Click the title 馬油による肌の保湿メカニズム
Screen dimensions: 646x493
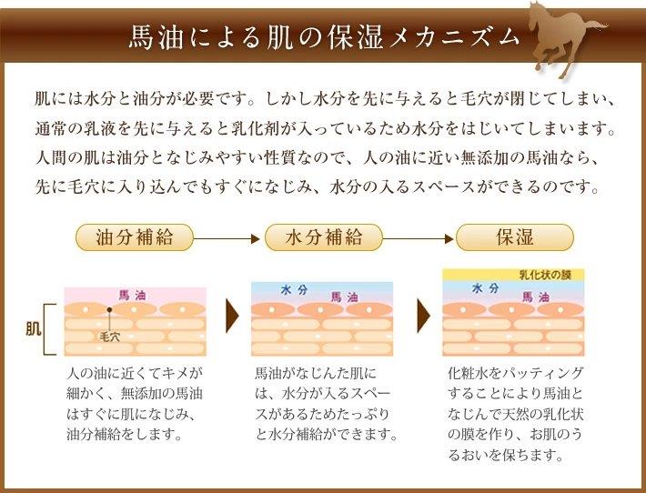pos(324,38)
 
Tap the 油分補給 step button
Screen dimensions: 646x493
pos(135,237)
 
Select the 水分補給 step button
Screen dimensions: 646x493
pos(324,237)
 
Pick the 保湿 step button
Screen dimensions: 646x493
pos(515,237)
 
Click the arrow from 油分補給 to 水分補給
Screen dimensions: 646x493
pos(227,238)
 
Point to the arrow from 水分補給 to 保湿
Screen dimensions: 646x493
pos(419,238)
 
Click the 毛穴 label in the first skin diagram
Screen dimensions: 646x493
pos(109,337)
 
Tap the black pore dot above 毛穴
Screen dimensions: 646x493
pos(109,309)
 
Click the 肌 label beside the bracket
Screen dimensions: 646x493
pos(34,329)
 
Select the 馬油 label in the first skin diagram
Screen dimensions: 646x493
pos(132,295)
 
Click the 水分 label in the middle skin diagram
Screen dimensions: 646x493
pos(294,290)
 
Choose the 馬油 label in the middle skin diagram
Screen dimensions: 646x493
pos(344,297)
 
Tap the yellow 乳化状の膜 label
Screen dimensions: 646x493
pos(545,275)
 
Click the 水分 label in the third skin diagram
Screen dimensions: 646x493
pos(485,288)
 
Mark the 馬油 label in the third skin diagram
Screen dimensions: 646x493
pos(536,297)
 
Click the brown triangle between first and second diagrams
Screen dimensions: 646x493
pos(232,316)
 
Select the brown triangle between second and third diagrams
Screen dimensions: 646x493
pos(423,316)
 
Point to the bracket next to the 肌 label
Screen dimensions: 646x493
pos(45,329)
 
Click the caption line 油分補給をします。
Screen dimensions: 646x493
pos(124,434)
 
